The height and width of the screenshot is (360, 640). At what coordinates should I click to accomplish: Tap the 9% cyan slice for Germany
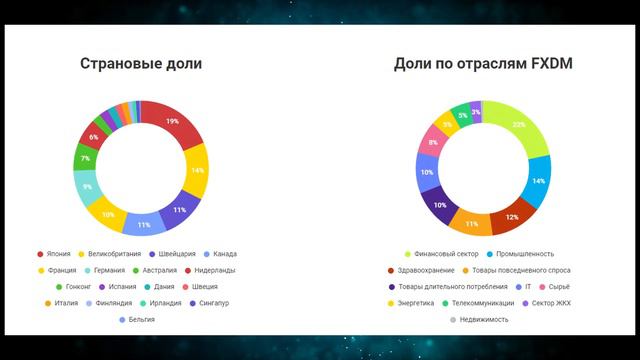pyautogui.click(x=87, y=186)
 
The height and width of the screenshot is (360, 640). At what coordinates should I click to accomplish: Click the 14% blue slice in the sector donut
pyautogui.click(x=537, y=180)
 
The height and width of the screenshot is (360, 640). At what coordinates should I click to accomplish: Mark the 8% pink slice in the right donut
pyautogui.click(x=431, y=143)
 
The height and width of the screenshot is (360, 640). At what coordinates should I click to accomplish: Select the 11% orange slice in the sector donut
pyautogui.click(x=471, y=223)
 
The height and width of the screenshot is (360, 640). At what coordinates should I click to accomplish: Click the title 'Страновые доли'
pyautogui.click(x=140, y=64)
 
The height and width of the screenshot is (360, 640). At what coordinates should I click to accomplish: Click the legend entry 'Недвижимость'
pyautogui.click(x=482, y=319)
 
